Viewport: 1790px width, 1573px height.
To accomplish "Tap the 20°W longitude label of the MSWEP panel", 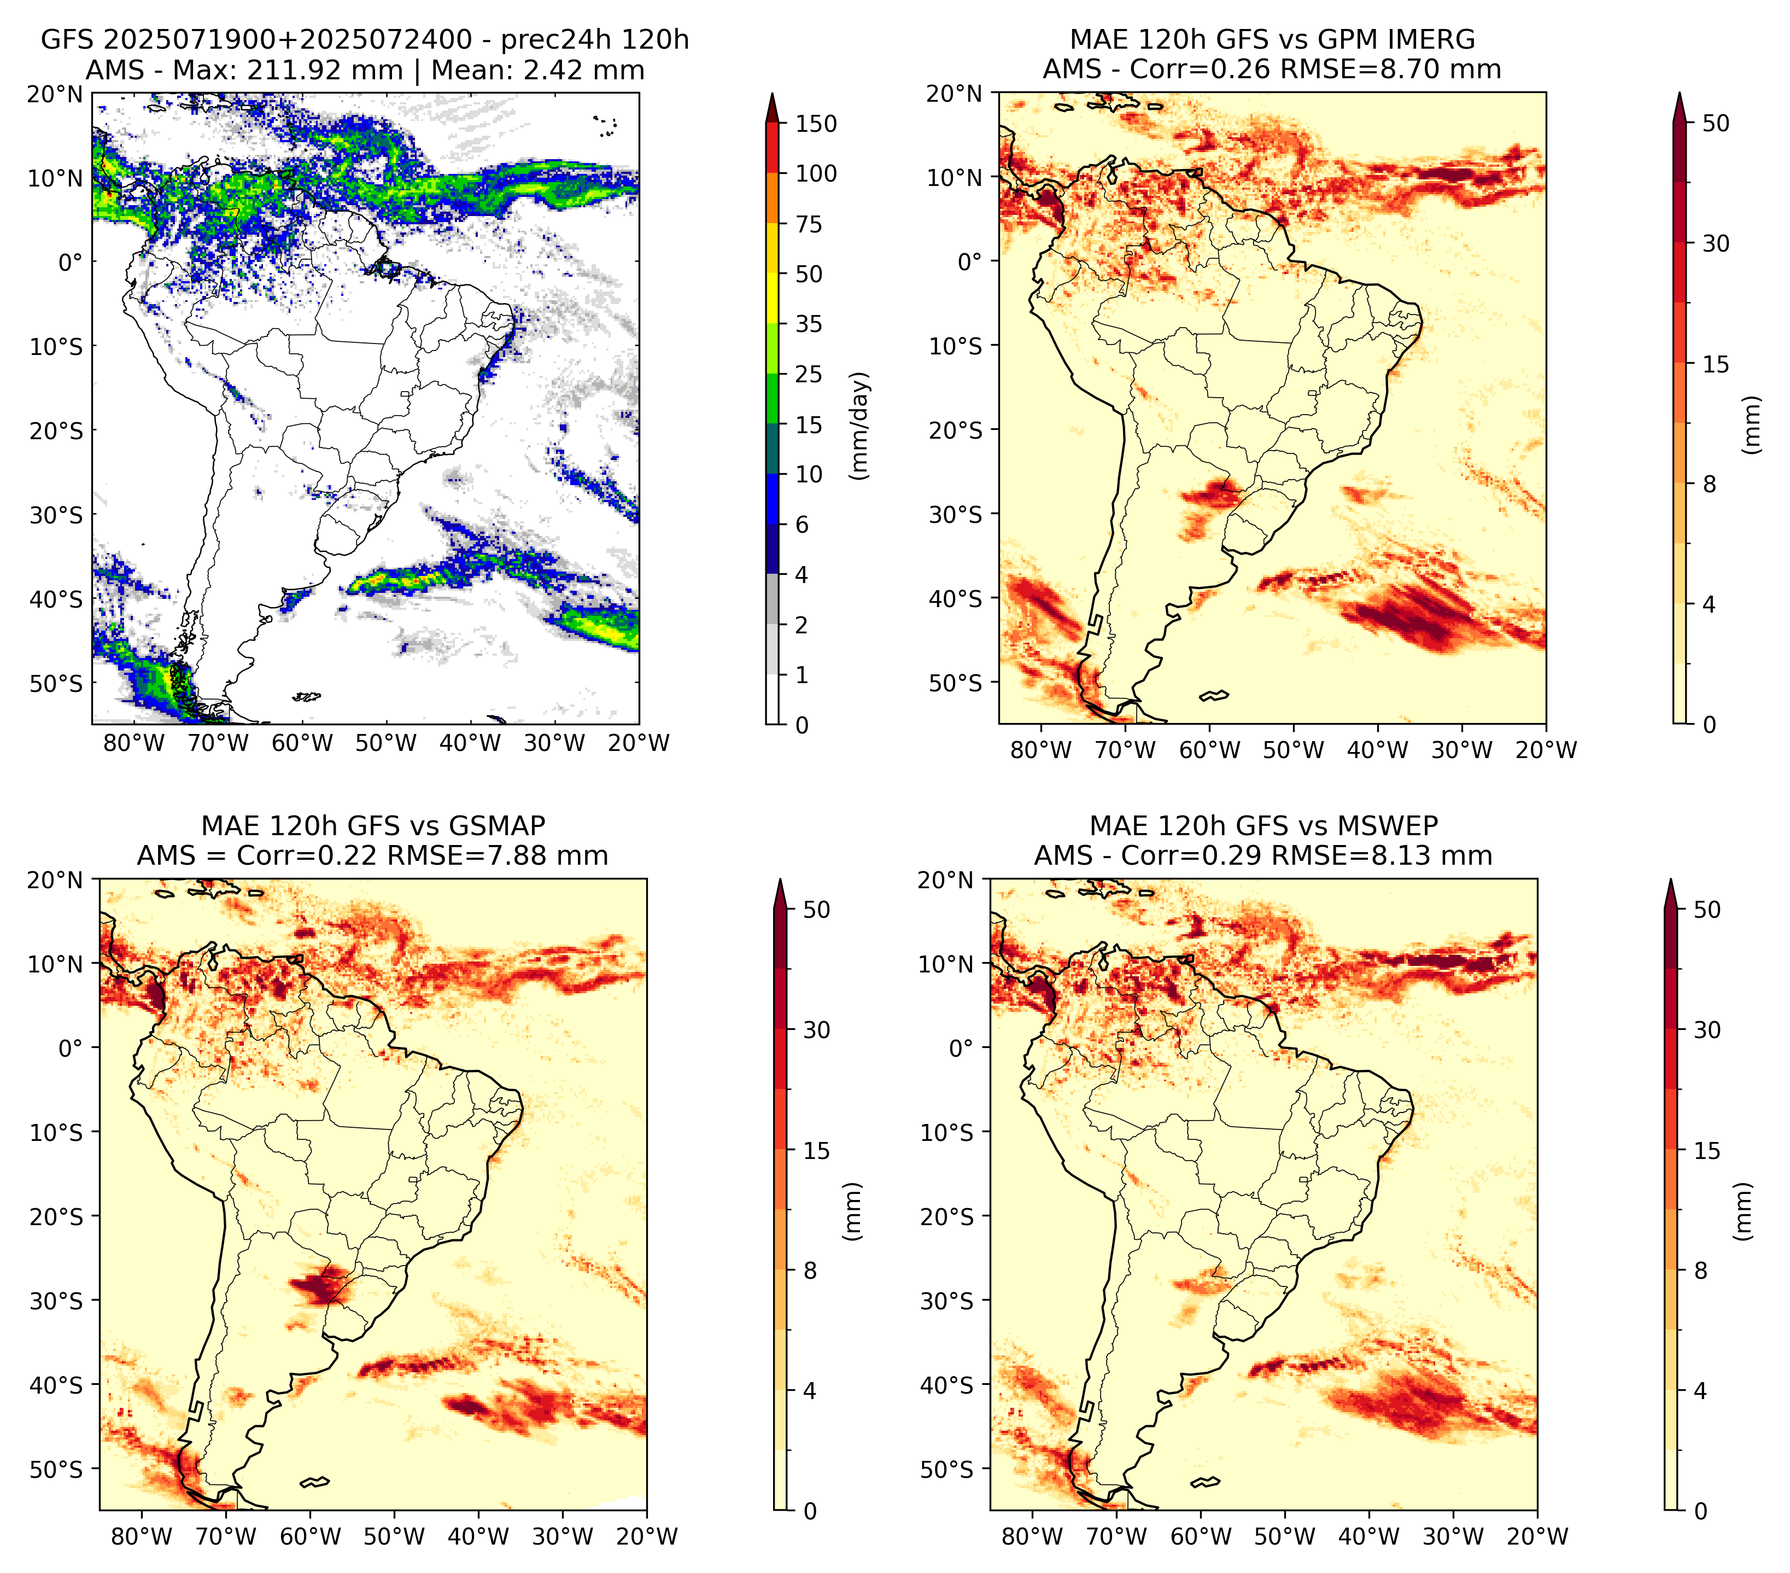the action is (x=1537, y=1536).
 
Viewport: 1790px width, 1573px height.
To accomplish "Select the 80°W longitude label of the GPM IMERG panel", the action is (x=1040, y=750).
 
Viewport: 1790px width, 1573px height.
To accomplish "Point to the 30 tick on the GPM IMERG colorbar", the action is (x=1716, y=243).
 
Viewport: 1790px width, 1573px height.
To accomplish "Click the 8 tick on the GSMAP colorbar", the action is (x=810, y=1270).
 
